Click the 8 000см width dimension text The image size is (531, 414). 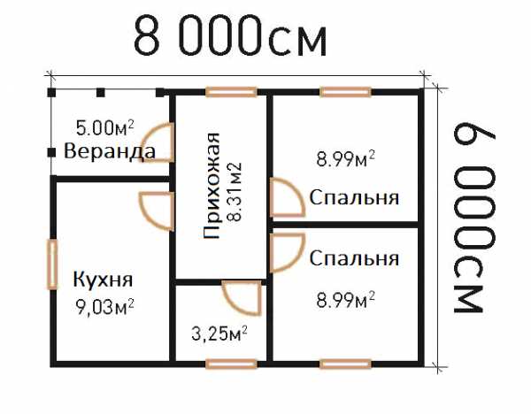tap(230, 36)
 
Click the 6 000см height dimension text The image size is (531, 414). tap(474, 218)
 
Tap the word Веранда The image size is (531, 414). tap(110, 151)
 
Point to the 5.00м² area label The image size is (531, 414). tap(104, 127)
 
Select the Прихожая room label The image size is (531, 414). tap(212, 186)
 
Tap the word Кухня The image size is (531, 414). tap(103, 280)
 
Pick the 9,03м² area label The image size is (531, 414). tap(104, 307)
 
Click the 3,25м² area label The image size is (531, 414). tap(219, 333)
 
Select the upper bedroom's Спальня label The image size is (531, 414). tap(354, 197)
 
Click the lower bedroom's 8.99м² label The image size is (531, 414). tap(345, 299)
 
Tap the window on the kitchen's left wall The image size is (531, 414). tap(52, 264)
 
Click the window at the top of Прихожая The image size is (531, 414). tap(231, 92)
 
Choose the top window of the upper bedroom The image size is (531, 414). tap(345, 92)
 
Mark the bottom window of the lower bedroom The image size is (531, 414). tap(345, 364)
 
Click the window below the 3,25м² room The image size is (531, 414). tap(231, 364)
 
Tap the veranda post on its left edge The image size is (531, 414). tap(51, 153)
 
